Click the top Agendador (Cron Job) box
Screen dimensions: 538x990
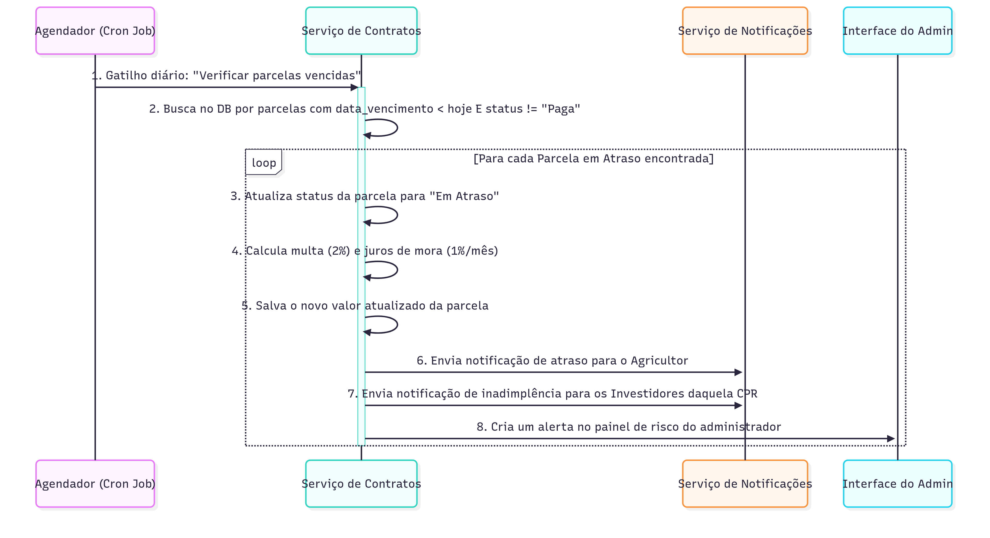tap(95, 31)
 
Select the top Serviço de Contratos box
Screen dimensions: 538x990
tap(361, 31)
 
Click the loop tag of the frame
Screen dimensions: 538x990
tap(264, 163)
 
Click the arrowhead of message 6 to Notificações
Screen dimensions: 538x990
tap(738, 372)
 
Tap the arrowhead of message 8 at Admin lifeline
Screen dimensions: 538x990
tap(890, 438)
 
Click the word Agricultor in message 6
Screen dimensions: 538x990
tap(659, 360)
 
